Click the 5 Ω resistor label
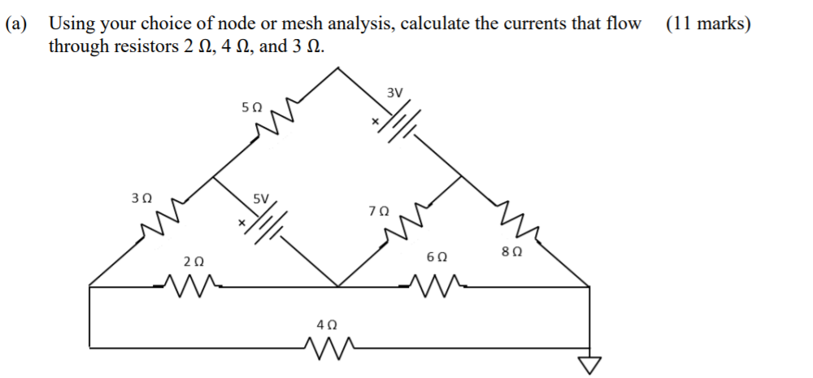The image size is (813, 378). pos(252,106)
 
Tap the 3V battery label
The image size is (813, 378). pos(394,92)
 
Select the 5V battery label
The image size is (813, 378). pos(261,198)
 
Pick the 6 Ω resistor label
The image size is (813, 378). pos(436,257)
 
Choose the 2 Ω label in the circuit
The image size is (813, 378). pos(193,262)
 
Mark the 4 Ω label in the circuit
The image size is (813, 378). pos(325,324)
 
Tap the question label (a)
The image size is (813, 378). pos(18,23)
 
